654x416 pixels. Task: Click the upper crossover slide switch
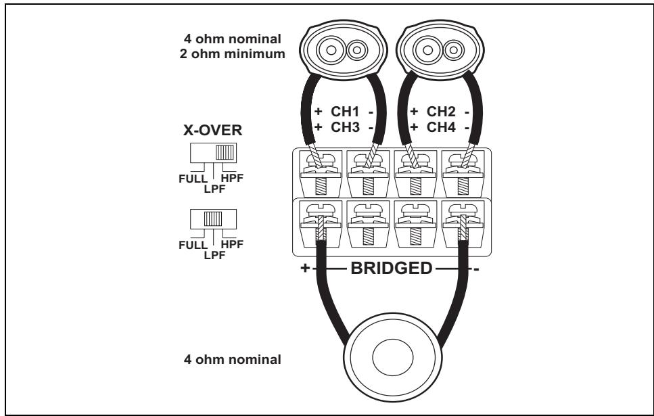[x=214, y=154]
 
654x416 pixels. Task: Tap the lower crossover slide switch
[x=214, y=218]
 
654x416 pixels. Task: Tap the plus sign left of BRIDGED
[x=304, y=268]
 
